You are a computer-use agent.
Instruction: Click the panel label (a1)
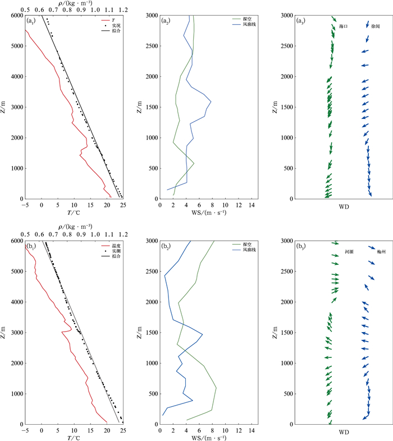point(32,21)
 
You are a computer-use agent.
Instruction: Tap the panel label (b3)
point(301,246)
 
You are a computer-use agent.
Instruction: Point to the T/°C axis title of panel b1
point(74,438)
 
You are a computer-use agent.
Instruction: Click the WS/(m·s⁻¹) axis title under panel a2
point(210,212)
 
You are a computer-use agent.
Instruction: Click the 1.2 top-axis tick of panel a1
point(123,10)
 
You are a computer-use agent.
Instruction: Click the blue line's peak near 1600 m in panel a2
point(211,102)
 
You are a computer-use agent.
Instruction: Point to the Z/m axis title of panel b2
point(140,333)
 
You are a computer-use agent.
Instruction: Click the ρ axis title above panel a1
point(74,3)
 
